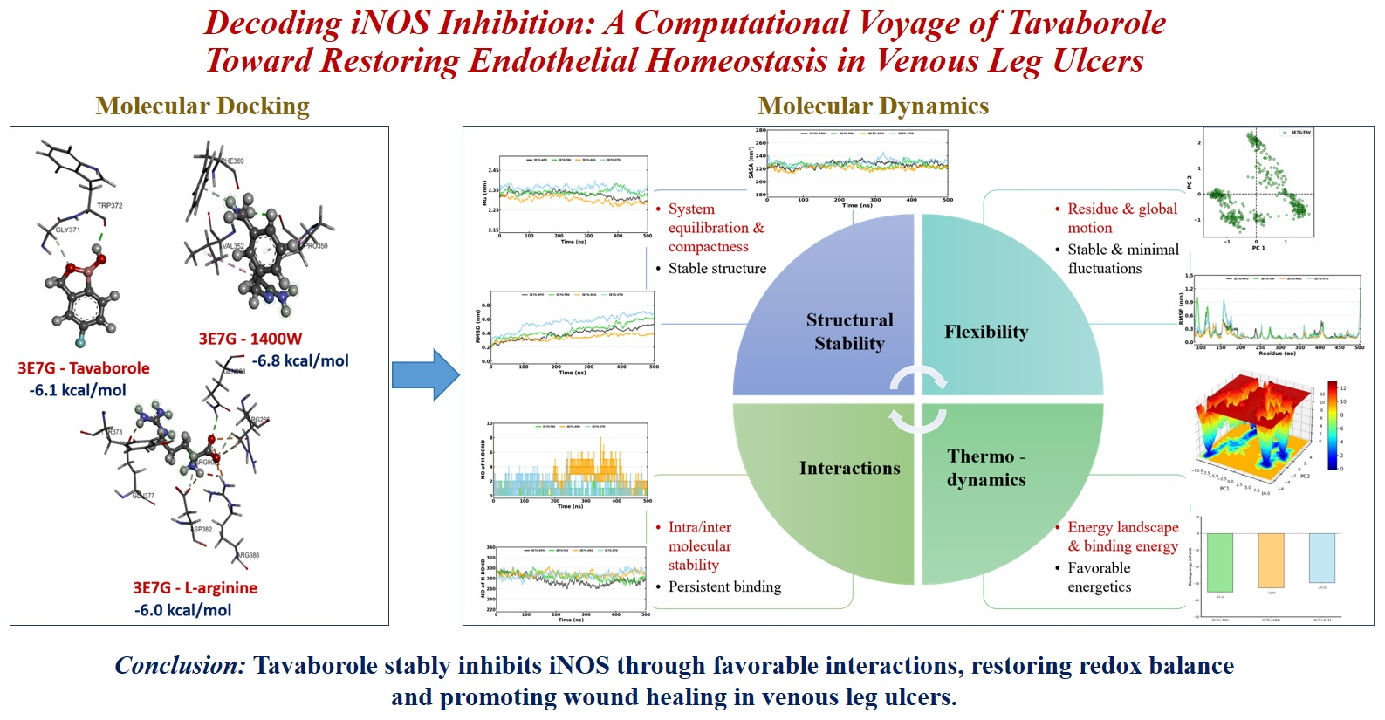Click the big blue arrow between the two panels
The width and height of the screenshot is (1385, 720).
tap(424, 375)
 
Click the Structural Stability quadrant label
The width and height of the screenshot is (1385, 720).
tap(849, 332)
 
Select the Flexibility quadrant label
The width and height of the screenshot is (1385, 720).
tap(985, 332)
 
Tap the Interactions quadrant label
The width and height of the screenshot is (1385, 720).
tap(849, 469)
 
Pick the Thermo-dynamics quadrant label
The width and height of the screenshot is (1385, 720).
tap(986, 468)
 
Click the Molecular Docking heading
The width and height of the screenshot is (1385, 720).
tap(202, 106)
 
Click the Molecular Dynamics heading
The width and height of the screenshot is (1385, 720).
tap(873, 106)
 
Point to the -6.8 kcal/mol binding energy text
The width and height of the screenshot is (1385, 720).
tap(300, 360)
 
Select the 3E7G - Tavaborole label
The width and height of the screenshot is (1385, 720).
tap(84, 368)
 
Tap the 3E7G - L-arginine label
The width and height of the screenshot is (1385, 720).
tap(195, 588)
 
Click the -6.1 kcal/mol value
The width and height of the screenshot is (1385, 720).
tap(78, 390)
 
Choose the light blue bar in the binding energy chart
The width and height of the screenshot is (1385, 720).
tap(1321, 558)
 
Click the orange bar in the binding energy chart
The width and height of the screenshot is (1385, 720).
tap(1271, 560)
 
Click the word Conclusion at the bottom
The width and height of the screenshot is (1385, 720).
tap(181, 666)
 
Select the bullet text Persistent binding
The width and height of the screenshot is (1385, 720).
tap(724, 587)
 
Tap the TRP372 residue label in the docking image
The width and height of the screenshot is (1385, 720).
tap(109, 206)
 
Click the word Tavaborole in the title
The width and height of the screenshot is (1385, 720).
tap(1087, 24)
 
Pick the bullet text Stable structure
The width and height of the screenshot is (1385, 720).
tap(716, 269)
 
